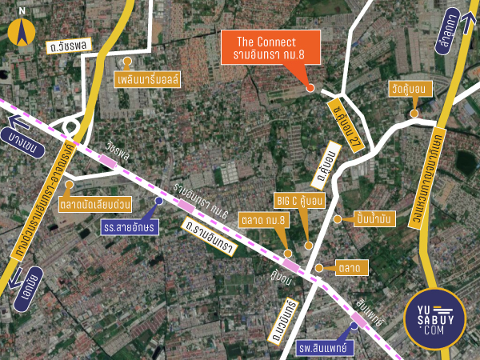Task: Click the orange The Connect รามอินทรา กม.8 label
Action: [270, 48]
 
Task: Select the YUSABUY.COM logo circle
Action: [439, 319]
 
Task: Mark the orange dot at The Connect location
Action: [310, 86]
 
